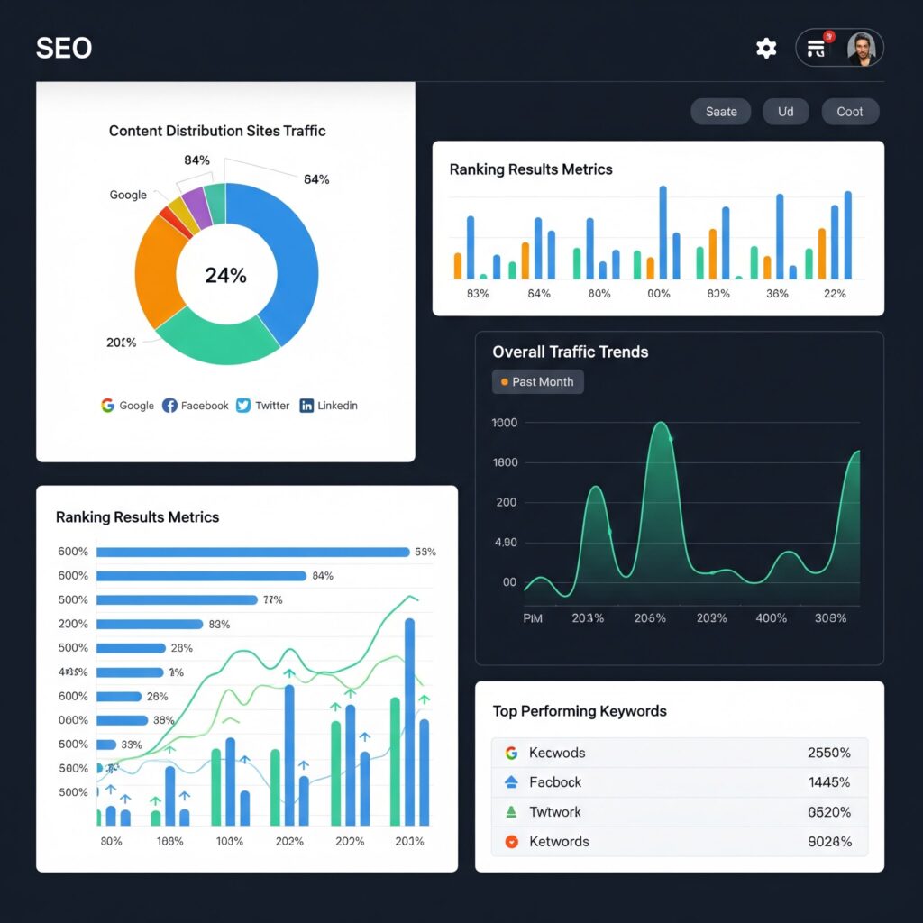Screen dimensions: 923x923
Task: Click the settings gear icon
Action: point(766,49)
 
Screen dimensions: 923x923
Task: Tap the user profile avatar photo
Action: point(861,49)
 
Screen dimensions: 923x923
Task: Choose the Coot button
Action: point(850,112)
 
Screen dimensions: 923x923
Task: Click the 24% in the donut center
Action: point(225,276)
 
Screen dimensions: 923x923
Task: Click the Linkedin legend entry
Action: point(329,406)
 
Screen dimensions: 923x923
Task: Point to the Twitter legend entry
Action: point(263,406)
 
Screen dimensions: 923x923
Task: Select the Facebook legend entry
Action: point(196,406)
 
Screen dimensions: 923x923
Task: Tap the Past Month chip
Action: point(538,382)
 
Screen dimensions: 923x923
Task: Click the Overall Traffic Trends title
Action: point(570,352)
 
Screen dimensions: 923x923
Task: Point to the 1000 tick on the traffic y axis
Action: point(505,423)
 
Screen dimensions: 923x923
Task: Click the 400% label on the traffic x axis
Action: point(771,618)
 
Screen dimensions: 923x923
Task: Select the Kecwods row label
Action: point(557,753)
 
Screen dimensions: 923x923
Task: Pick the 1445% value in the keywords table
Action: point(829,782)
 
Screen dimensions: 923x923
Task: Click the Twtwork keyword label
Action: point(555,812)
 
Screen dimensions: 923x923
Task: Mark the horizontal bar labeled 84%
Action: point(201,576)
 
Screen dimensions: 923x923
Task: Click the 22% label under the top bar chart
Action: point(835,294)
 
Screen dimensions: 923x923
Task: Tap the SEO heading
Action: point(64,49)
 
